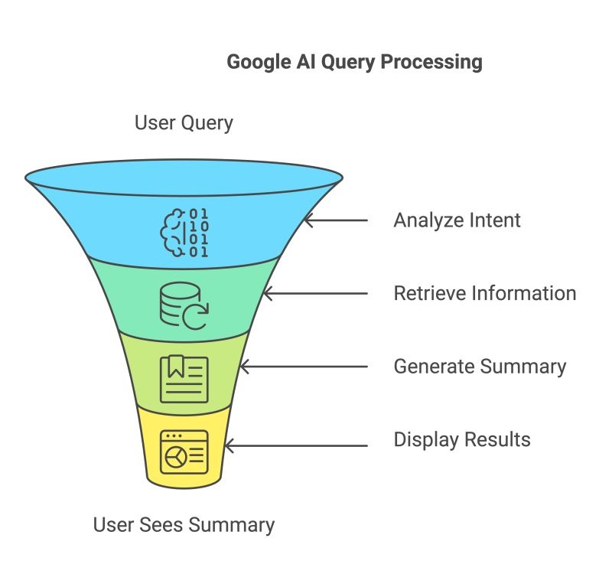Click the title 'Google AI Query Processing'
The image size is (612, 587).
pyautogui.click(x=354, y=62)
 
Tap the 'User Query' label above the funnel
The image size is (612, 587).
pyautogui.click(x=184, y=122)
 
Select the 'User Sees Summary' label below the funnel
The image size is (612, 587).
pyautogui.click(x=184, y=525)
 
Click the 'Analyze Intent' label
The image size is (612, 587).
pyautogui.click(x=457, y=220)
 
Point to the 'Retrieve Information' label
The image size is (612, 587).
pyautogui.click(x=484, y=293)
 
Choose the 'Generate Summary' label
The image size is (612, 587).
pyautogui.click(x=480, y=367)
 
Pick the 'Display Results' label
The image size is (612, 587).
pyautogui.click(x=461, y=440)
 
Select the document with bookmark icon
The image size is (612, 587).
pyautogui.click(x=184, y=378)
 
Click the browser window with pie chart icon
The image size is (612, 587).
pyautogui.click(x=184, y=452)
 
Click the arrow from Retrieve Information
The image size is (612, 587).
pyautogui.click(x=314, y=293)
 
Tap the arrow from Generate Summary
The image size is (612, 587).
pyautogui.click(x=303, y=367)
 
